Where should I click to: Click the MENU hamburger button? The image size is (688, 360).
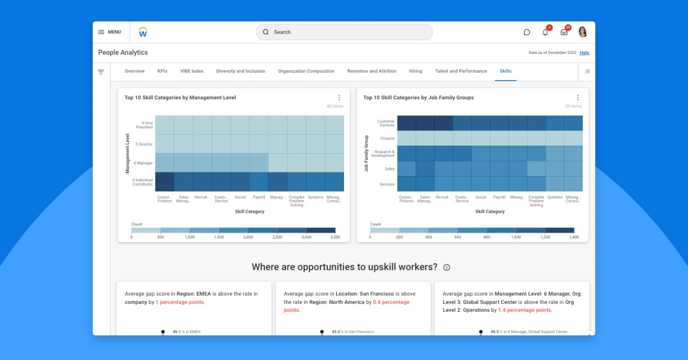[x=109, y=32]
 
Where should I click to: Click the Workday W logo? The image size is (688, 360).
[x=143, y=32]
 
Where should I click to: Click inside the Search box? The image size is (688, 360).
[x=344, y=32]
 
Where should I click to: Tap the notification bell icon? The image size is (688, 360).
[x=545, y=32]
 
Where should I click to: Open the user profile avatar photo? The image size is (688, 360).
[x=583, y=32]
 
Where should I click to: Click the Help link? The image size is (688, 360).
[x=584, y=53]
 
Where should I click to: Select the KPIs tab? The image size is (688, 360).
[x=162, y=71]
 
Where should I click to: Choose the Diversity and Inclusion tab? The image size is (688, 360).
[x=241, y=71]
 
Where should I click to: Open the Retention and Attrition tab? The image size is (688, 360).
[x=372, y=71]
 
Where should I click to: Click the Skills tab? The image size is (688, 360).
[x=505, y=71]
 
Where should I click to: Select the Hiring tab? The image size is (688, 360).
[x=416, y=71]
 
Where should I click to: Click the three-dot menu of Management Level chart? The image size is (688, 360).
[x=339, y=97]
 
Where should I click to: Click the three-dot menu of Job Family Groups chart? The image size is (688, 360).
[x=577, y=97]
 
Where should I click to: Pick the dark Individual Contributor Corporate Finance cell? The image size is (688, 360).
[x=165, y=182]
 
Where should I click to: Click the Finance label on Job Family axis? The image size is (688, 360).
[x=388, y=138]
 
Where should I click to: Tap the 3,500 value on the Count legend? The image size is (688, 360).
[x=336, y=237]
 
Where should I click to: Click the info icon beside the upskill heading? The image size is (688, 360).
[x=447, y=268]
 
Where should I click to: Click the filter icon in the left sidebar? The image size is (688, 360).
[x=101, y=72]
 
